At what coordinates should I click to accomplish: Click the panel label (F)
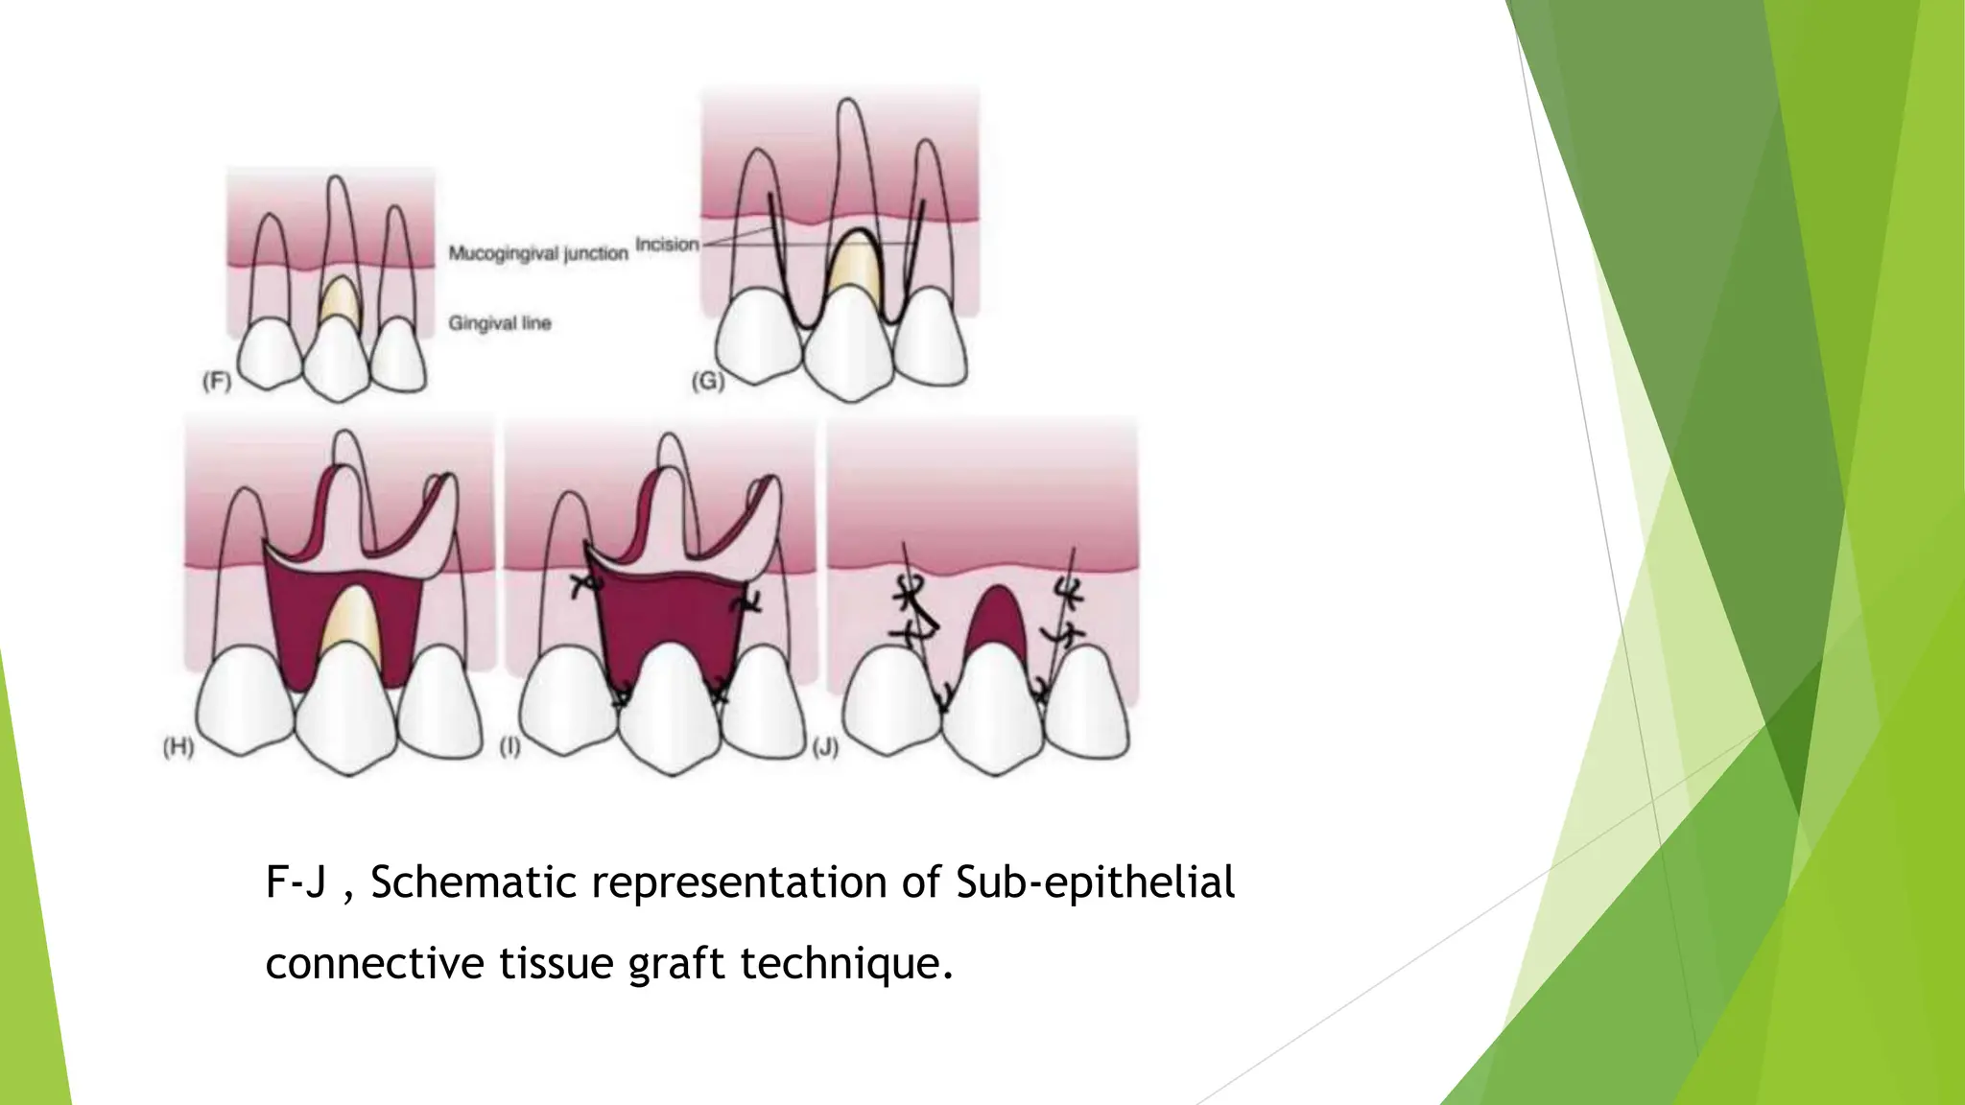click(217, 382)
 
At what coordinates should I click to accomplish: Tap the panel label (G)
click(707, 381)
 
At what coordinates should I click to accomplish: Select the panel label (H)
click(178, 747)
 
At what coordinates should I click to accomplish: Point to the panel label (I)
click(509, 746)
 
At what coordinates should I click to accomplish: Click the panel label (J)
click(825, 747)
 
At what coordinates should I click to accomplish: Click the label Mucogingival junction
click(537, 253)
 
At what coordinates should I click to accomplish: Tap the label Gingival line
click(499, 323)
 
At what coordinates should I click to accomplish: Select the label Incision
click(667, 244)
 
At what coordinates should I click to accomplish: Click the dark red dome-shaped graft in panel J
click(996, 619)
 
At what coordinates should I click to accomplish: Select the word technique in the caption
click(846, 963)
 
